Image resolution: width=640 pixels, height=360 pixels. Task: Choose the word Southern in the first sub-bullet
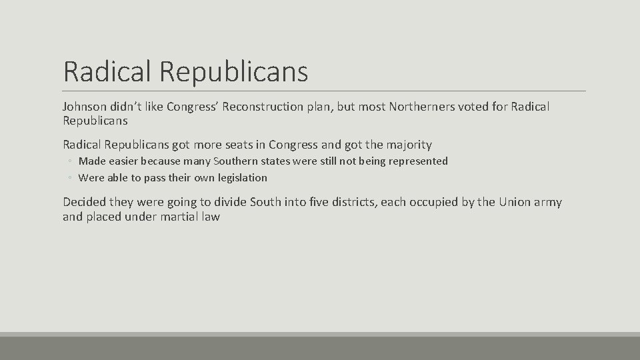click(239, 161)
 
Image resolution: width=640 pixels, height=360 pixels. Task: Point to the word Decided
click(85, 202)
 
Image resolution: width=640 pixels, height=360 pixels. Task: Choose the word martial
click(181, 217)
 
